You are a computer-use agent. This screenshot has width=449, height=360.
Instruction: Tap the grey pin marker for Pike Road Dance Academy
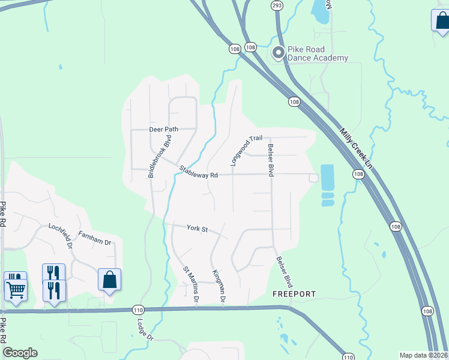click(278, 53)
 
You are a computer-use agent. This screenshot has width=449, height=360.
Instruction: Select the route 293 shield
click(276, 5)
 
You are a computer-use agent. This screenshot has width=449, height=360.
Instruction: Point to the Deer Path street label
click(164, 129)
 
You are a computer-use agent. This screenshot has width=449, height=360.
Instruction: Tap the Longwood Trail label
click(247, 150)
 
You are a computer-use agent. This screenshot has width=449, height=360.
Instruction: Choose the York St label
click(197, 229)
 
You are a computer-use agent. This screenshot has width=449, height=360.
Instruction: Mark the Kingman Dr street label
click(218, 285)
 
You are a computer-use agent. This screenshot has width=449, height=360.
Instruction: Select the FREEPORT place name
click(294, 294)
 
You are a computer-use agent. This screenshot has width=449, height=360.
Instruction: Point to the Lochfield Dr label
click(61, 236)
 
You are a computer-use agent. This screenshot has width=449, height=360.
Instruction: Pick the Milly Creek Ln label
click(356, 148)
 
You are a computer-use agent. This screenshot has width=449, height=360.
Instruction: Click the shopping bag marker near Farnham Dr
click(109, 280)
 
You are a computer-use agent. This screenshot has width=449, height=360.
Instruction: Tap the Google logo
click(20, 353)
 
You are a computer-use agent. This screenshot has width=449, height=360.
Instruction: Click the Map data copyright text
click(423, 355)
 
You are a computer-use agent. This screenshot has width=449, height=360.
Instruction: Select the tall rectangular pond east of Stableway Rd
click(327, 177)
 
